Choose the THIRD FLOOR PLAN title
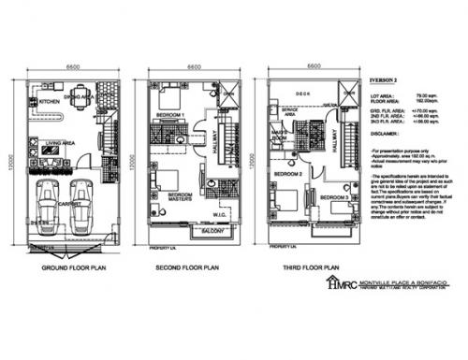click(x=308, y=266)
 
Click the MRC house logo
click(x=333, y=283)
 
